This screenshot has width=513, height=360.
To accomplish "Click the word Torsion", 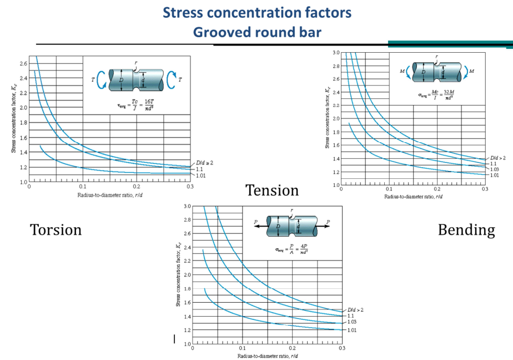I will coord(56,229).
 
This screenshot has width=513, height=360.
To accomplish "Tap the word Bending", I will coord(466,229).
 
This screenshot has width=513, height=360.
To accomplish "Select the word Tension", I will coord(272,191).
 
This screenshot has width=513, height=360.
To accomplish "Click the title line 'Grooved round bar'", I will coord(256,32).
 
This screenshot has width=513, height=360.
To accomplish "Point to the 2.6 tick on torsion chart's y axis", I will coord(22,63).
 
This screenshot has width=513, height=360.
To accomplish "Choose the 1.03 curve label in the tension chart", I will coord(351,322).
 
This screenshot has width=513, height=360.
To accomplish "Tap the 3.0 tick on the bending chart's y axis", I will coord(335,52).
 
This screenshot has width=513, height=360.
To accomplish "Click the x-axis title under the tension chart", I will coord(267,356).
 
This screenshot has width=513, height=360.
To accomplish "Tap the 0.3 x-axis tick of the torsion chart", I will coord(190,187).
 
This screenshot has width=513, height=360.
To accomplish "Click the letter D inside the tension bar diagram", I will coord(278,226).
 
